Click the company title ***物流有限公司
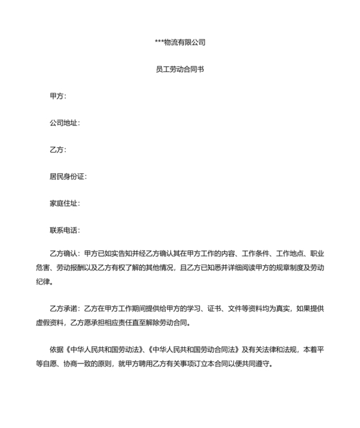pos(180,42)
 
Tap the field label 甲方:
pos(58,96)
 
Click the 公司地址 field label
pos(65,123)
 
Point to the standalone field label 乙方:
pos(58,150)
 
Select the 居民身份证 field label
pos(68,176)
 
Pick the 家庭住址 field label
pos(65,203)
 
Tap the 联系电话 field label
pos(65,230)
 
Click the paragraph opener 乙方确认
pos(64,254)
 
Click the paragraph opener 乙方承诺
pos(64,308)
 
